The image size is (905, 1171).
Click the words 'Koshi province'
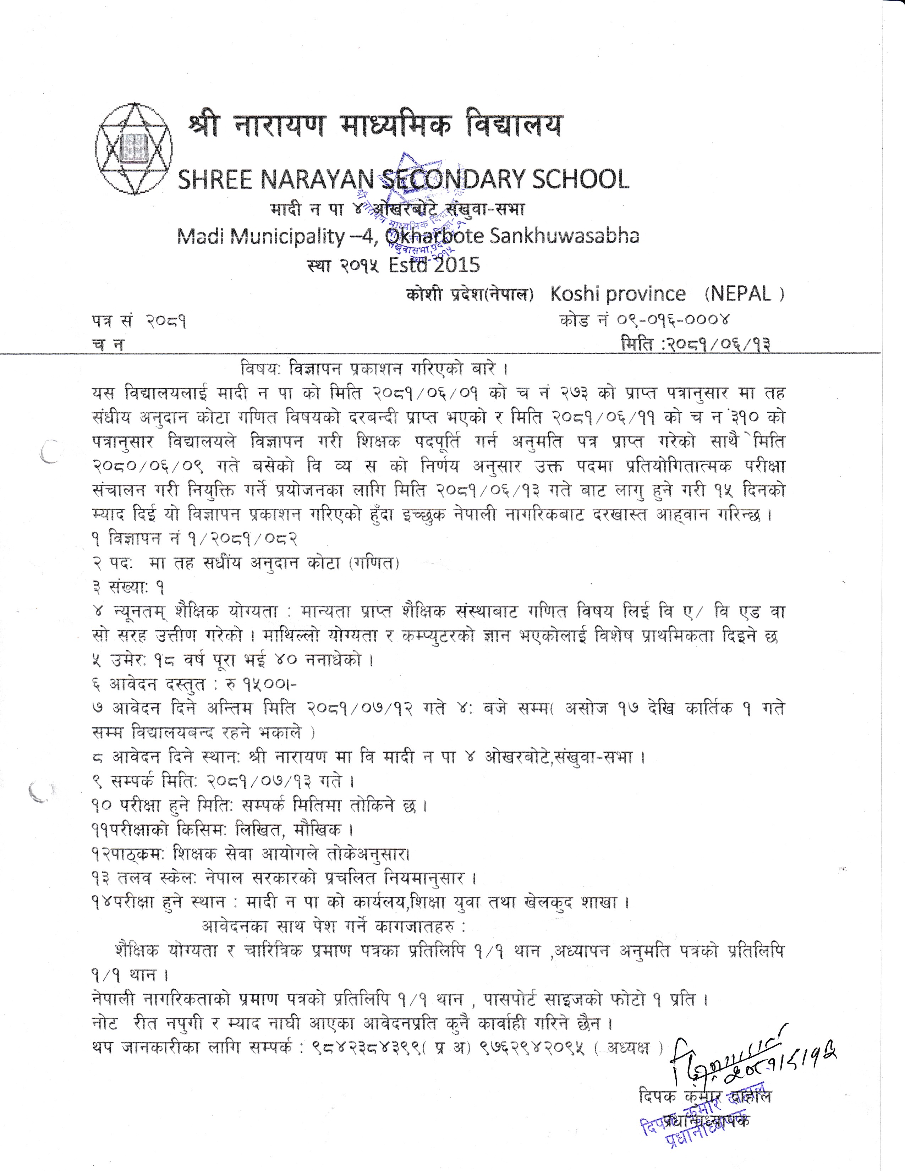coord(618,294)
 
